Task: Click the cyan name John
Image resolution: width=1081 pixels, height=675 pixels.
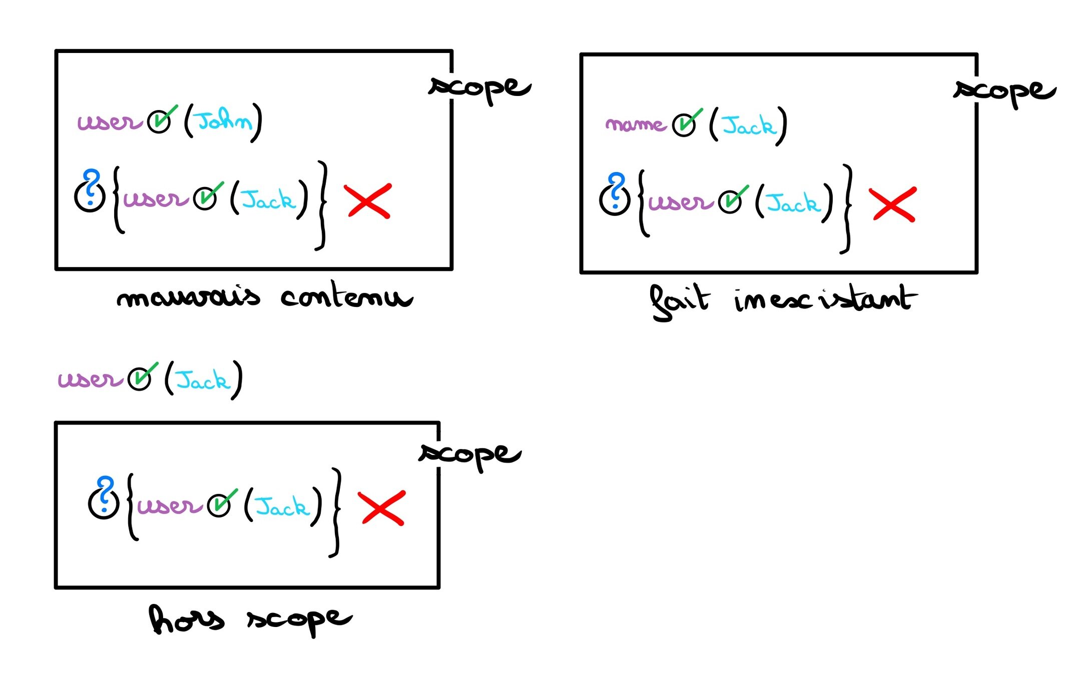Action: [223, 120]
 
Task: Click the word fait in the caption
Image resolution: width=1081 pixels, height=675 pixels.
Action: [679, 301]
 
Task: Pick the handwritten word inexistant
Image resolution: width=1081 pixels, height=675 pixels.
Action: [826, 299]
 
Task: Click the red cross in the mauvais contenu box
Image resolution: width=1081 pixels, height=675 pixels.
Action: [368, 200]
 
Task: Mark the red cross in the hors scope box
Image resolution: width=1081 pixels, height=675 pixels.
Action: [382, 508]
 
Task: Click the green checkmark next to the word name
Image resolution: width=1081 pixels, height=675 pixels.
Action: [687, 122]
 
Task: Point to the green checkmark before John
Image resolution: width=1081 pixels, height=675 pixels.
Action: [162, 118]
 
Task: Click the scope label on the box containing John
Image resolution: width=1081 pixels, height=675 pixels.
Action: [479, 88]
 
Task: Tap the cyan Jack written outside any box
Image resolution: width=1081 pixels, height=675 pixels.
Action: [203, 380]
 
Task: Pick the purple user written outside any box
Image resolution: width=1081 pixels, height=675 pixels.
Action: [90, 379]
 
